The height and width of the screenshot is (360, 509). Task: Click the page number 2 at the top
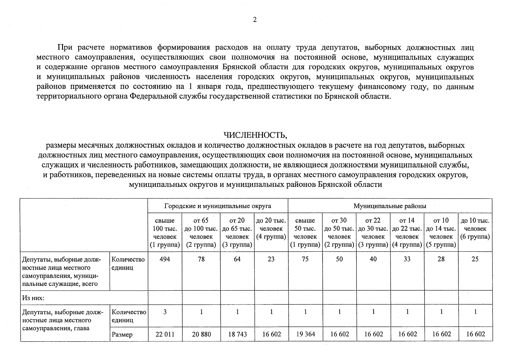(x=255, y=20)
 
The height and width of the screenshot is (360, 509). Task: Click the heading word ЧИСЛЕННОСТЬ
(x=255, y=135)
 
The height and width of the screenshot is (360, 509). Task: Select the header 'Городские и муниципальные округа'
(x=218, y=206)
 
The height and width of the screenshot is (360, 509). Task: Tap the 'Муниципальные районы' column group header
(x=390, y=206)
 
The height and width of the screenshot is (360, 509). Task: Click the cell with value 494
(x=165, y=259)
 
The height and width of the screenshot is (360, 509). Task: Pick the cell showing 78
(x=201, y=259)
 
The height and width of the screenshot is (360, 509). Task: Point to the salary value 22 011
(x=165, y=334)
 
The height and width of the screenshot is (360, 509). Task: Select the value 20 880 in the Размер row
(x=201, y=334)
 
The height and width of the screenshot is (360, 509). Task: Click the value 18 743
(x=237, y=334)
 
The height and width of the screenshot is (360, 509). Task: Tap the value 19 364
(x=305, y=334)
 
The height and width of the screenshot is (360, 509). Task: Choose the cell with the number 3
(x=165, y=312)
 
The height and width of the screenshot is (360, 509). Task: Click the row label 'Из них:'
(x=33, y=298)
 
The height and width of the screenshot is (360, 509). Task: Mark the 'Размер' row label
(x=122, y=334)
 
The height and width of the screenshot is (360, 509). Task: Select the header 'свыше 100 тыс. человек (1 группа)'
(x=165, y=232)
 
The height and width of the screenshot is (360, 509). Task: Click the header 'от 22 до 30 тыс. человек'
(x=373, y=232)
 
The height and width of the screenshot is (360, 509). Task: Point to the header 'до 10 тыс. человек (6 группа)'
(x=475, y=229)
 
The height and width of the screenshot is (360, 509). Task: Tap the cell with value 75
(x=305, y=259)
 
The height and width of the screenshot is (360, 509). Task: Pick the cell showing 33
(x=407, y=259)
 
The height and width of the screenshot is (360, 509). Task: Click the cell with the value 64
(x=237, y=259)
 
